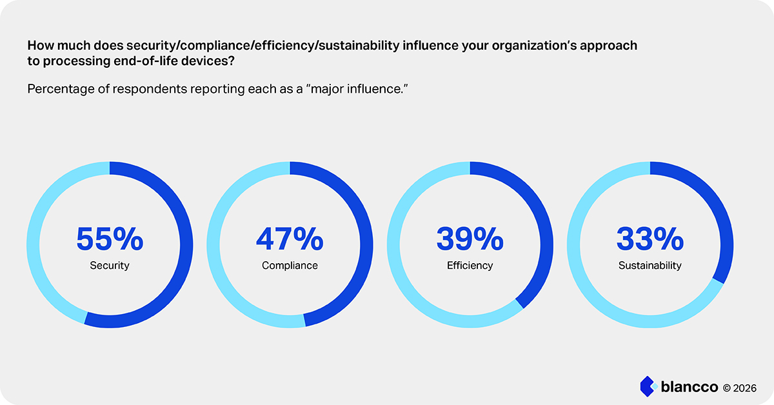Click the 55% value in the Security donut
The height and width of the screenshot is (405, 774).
point(110,239)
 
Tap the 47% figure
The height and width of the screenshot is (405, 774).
point(290,239)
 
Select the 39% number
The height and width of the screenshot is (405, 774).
point(470,239)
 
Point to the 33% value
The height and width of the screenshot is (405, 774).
point(650,239)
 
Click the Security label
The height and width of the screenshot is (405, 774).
point(110,266)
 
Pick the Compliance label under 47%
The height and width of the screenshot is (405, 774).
point(290,266)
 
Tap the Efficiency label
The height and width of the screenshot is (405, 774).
point(470,266)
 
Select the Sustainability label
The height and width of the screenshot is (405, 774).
point(650,266)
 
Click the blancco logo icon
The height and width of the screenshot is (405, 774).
point(649,386)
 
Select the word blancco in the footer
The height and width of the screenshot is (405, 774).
point(690,387)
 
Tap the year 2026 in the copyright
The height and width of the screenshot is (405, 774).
point(744,388)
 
